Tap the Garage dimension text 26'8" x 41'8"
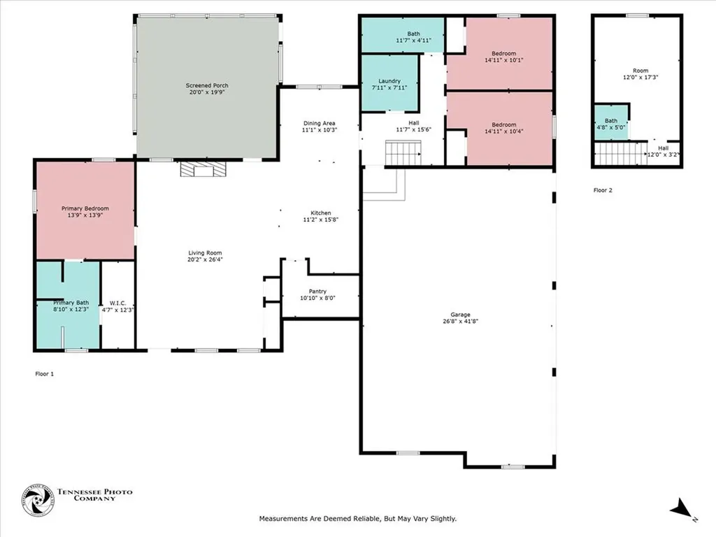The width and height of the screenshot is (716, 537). pos(459,322)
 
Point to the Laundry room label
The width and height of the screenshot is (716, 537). pos(389,81)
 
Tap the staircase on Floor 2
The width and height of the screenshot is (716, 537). pos(620,152)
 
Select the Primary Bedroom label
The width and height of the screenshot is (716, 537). pos(85,208)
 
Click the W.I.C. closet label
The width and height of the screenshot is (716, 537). pos(117,303)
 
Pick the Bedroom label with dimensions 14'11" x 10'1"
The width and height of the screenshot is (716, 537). pos(503,54)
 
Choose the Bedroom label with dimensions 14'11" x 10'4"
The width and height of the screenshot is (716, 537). pos(503,124)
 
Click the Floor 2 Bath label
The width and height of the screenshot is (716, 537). pos(611,121)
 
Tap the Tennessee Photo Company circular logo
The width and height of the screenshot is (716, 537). pos(37,501)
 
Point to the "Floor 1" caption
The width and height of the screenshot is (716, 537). pos(44,374)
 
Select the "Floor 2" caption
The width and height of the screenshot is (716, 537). pos(603,190)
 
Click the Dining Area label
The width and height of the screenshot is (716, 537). pos(319,123)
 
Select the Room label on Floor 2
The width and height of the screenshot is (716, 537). pos(640,71)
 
